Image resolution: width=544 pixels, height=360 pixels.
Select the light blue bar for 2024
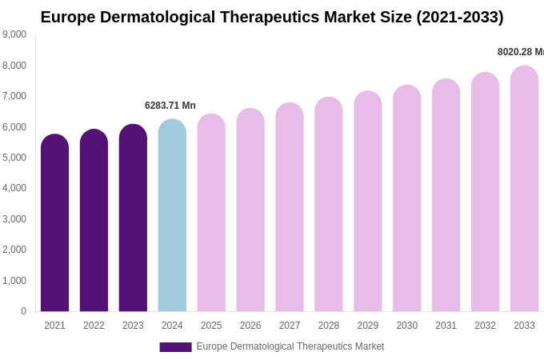click(x=172, y=215)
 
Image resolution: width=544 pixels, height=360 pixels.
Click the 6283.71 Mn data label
click(x=170, y=106)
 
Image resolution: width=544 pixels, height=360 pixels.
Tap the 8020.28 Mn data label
click(x=520, y=52)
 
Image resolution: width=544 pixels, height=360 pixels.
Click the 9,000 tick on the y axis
click(x=14, y=34)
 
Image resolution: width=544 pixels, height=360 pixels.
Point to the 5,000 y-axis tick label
click(x=14, y=158)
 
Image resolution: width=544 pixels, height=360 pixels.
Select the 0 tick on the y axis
click(x=23, y=311)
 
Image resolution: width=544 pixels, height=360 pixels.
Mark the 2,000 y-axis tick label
click(x=14, y=250)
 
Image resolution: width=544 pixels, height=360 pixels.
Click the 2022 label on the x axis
click(x=94, y=326)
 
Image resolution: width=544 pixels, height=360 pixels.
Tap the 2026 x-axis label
click(x=250, y=326)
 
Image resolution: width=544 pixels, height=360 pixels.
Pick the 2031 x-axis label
click(x=446, y=326)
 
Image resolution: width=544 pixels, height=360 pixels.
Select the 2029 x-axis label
click(x=368, y=326)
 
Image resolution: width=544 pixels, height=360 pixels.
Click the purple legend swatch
click(x=175, y=347)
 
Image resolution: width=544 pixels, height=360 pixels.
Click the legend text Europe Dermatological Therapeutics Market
click(x=290, y=346)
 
